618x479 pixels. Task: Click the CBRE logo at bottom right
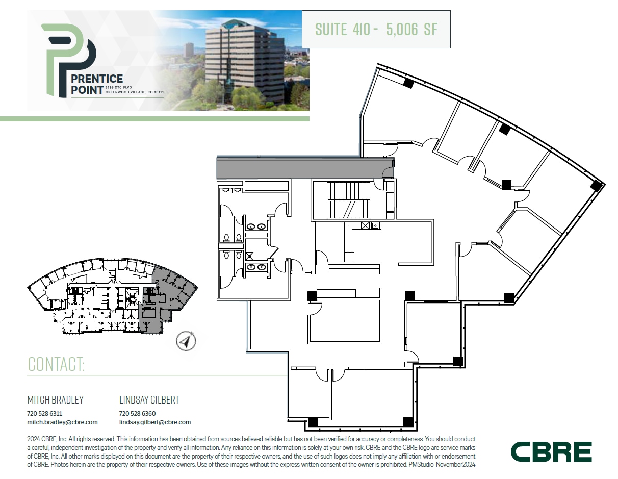(551, 452)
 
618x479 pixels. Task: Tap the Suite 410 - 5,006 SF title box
(376, 30)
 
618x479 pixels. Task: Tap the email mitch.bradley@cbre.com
(62, 422)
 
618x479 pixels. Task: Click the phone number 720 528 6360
(137, 414)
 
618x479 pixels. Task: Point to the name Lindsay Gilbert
(149, 400)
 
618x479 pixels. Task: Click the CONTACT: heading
(56, 364)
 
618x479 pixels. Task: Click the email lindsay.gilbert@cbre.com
(155, 422)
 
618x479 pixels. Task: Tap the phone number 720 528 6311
(44, 414)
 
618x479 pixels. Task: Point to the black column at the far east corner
(596, 186)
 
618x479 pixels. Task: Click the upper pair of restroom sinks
(255, 226)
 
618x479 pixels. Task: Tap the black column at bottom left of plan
(313, 422)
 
